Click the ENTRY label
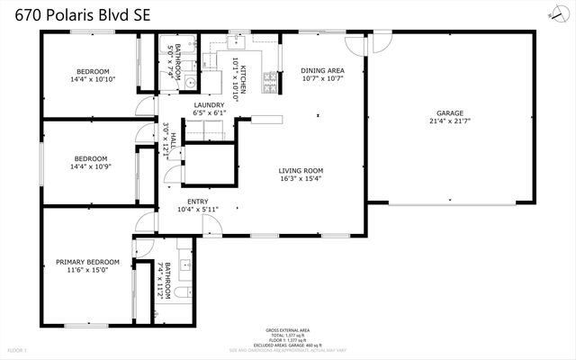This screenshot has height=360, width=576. click(198, 202)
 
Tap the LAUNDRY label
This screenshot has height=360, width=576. click(209, 105)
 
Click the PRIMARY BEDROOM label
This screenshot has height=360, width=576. click(87, 263)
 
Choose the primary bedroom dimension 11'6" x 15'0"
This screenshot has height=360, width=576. click(87, 271)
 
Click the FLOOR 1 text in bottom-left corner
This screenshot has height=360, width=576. click(18, 349)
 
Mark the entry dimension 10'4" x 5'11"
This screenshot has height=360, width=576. click(198, 210)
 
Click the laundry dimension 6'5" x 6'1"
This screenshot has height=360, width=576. click(209, 113)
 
